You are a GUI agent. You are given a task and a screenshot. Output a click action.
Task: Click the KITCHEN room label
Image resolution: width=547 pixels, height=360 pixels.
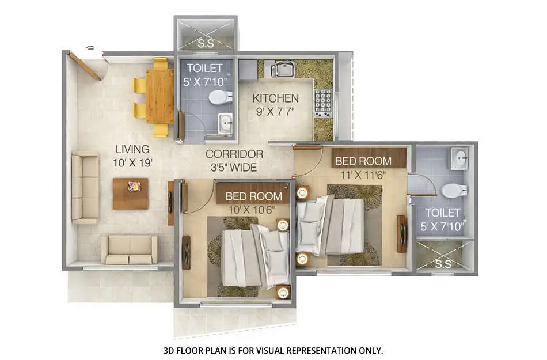click(x=276, y=98)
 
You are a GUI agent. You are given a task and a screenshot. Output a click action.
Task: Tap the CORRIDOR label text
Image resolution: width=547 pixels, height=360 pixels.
click(x=234, y=154)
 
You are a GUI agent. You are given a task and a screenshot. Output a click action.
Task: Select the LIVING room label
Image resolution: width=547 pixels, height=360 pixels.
click(x=132, y=149)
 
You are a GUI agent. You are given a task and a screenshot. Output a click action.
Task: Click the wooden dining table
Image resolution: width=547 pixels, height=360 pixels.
click(x=159, y=96)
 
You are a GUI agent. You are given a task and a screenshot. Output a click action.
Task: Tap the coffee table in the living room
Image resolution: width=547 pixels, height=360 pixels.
click(x=131, y=193)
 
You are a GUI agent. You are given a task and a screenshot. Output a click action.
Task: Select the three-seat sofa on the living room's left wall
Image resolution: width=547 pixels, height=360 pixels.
click(x=84, y=188)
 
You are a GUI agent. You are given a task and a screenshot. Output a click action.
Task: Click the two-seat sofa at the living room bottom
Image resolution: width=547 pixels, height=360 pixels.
click(x=130, y=249)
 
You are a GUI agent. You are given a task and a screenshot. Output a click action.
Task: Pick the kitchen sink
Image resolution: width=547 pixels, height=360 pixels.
click(x=283, y=70)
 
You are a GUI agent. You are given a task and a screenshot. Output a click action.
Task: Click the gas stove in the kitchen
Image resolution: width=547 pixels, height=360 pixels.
click(x=323, y=103)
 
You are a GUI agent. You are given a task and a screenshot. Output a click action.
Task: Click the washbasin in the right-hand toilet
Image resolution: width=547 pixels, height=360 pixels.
click(x=459, y=158)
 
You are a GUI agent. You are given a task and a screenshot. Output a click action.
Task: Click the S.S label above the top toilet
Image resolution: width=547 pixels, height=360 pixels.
click(x=205, y=43)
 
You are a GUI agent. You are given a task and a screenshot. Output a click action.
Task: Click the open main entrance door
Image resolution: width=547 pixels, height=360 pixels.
click(x=84, y=66)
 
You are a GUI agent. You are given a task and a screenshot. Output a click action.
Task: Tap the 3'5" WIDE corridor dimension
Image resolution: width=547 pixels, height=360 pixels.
click(x=234, y=168)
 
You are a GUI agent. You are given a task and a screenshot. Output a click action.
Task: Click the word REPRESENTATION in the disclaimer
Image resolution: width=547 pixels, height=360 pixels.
click(x=305, y=350)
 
